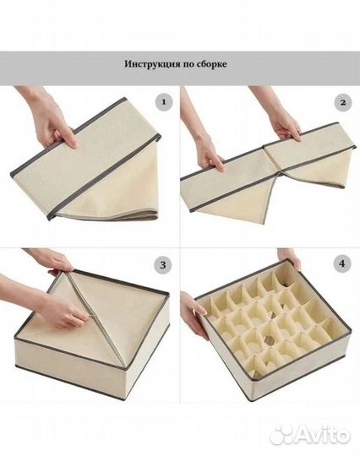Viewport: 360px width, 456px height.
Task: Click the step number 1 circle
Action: point(164,102)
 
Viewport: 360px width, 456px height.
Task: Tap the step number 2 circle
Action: point(343,102)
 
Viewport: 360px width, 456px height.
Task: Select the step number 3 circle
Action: point(163,265)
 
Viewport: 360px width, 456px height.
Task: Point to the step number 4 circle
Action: point(342,263)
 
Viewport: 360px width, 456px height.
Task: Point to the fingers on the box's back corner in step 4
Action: point(292,258)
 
